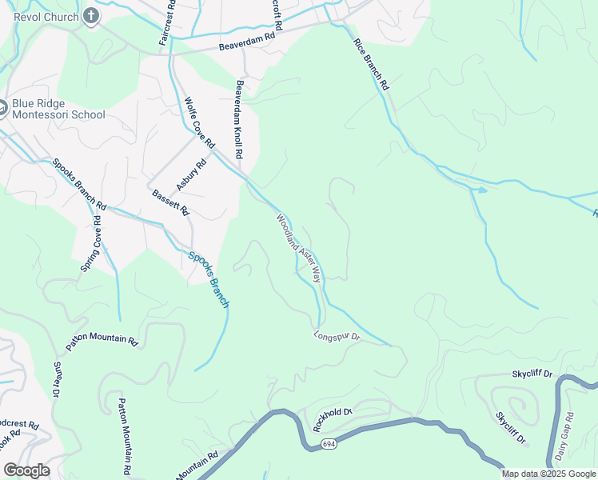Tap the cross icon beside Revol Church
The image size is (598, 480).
click(x=91, y=16)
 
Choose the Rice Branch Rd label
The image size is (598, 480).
click(x=372, y=62)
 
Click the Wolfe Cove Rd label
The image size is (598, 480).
click(x=200, y=122)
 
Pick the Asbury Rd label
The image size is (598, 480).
click(x=191, y=174)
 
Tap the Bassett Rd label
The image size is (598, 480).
click(x=169, y=202)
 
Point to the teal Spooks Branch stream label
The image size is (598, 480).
click(x=209, y=280)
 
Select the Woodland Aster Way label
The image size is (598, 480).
click(x=299, y=249)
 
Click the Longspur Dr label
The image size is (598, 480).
click(x=337, y=337)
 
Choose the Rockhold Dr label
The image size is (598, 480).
click(x=333, y=412)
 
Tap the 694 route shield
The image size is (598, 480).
click(x=329, y=443)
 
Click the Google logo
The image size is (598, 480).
click(x=26, y=470)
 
